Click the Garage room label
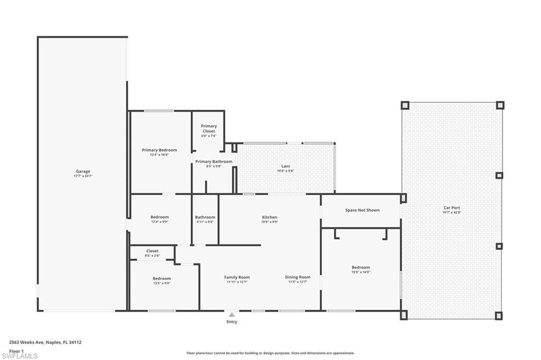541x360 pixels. pos(83,171)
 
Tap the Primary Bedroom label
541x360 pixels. pos(159,150)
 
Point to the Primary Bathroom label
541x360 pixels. pos(213,162)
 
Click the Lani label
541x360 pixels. pos(285,166)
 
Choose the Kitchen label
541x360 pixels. pos(269,217)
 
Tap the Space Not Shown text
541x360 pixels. pos(362,210)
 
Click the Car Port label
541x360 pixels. pos(452,207)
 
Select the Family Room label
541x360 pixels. pos(237,277)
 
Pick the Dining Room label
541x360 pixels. pos(298,277)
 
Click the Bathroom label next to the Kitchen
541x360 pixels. pos(205,217)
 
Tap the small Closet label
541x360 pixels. pos(152,251)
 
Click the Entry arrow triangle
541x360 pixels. pos(231,315)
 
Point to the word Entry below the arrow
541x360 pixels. pos(231,321)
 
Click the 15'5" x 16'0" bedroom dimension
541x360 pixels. pos(361,272)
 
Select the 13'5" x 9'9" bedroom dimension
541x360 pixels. pos(162,283)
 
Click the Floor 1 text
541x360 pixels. pos(16,350)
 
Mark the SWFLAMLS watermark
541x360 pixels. pos(20,356)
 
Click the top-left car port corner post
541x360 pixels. pos(405,105)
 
